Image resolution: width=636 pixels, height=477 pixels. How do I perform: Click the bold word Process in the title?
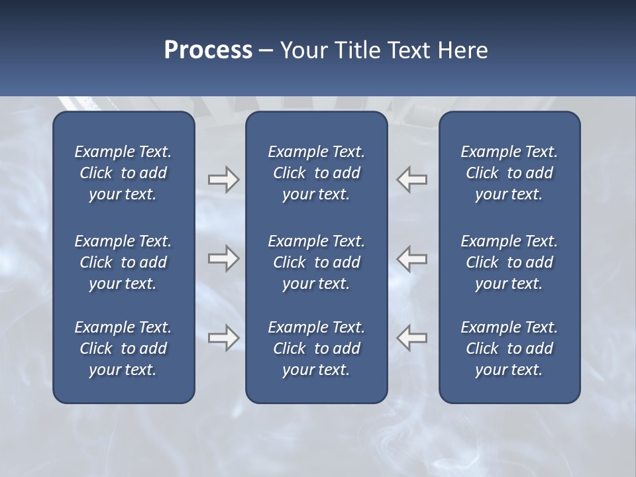208,50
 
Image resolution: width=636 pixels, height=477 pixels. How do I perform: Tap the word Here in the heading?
463,50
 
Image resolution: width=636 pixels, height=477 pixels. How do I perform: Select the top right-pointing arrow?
223,179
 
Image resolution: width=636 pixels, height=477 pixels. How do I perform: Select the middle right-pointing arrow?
223,258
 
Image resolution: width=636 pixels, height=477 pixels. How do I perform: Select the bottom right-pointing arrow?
223,338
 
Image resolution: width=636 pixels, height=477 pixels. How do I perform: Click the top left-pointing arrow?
412,179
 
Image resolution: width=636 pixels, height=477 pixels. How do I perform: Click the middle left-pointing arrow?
412,258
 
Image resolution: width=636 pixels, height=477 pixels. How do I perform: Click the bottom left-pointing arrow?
412,338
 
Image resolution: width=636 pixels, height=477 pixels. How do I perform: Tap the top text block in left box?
123,173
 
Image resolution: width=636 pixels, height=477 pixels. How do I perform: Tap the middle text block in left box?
123,262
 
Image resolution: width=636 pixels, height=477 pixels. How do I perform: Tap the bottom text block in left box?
123,348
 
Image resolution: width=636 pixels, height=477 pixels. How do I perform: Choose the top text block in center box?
316,173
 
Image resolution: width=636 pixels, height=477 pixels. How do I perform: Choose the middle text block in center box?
316,262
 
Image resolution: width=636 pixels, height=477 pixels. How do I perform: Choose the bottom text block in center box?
316,348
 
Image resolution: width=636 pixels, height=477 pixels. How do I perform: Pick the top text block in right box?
509,173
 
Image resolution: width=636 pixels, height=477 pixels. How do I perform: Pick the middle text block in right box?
509,262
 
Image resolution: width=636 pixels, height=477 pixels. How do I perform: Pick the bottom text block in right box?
509,348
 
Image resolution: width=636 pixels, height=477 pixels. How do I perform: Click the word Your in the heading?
301,50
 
